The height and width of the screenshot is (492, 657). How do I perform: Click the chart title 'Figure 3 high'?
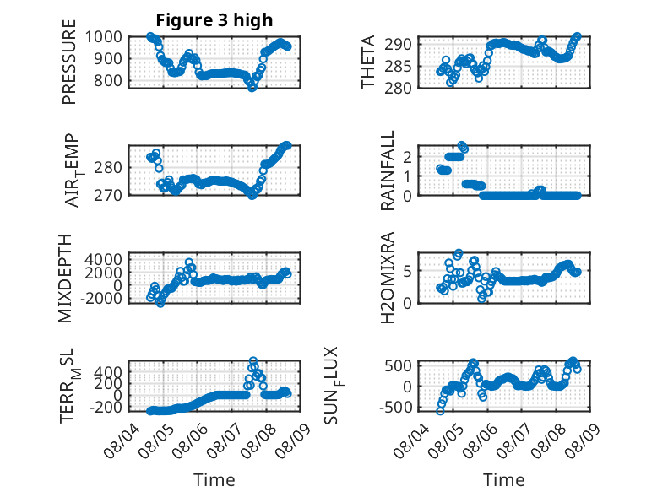[x=214, y=20]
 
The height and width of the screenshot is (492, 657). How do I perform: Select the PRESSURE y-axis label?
[x=69, y=62]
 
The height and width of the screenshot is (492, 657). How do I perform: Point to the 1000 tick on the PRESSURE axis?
[x=104, y=37]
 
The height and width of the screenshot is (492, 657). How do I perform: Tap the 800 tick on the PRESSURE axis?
[x=108, y=80]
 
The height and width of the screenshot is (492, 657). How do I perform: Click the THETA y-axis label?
[x=368, y=62]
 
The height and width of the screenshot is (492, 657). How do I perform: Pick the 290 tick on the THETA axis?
[x=398, y=44]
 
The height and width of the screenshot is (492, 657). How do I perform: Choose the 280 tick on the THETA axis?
[x=398, y=88]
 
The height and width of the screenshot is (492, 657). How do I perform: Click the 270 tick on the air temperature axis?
[x=108, y=195]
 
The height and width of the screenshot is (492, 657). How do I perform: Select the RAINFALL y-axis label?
[x=388, y=170]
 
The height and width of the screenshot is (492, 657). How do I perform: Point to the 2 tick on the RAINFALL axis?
[x=407, y=157]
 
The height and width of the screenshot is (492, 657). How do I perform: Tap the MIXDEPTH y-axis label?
[x=65, y=278]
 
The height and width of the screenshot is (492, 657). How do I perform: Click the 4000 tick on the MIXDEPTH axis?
[x=104, y=259]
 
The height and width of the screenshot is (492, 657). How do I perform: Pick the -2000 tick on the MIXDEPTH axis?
[x=101, y=299]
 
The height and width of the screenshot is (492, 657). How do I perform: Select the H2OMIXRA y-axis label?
[x=388, y=278]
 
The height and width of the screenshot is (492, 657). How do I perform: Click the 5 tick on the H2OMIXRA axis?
[x=407, y=271]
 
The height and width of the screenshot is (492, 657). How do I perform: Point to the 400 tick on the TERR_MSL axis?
[x=108, y=372]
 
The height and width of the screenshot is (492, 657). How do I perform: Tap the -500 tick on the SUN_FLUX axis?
[x=396, y=407]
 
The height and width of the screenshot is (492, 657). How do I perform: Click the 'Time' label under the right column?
[x=504, y=480]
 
